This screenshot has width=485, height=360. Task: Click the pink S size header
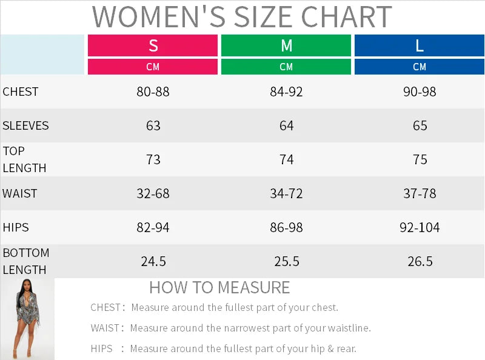pyautogui.click(x=153, y=45)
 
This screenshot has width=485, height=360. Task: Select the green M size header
pyautogui.click(x=286, y=45)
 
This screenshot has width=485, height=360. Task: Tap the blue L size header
pyautogui.click(x=420, y=45)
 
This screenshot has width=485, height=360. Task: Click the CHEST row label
pyautogui.click(x=21, y=92)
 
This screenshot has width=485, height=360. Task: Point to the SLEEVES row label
pyautogui.click(x=25, y=126)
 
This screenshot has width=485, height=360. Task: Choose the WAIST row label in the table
pyautogui.click(x=20, y=194)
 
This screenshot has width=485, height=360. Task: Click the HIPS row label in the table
pyautogui.click(x=16, y=228)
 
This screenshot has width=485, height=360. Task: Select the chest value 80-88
pyautogui.click(x=153, y=92)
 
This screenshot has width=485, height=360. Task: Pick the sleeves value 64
pyautogui.click(x=286, y=126)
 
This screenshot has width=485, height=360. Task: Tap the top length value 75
pyautogui.click(x=420, y=160)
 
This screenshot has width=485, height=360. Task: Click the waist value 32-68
pyautogui.click(x=153, y=194)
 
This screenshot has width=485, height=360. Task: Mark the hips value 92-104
pyautogui.click(x=420, y=228)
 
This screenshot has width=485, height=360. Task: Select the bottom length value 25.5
pyautogui.click(x=286, y=262)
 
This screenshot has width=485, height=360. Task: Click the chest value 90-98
pyautogui.click(x=420, y=92)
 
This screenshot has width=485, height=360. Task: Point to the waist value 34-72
pyautogui.click(x=286, y=194)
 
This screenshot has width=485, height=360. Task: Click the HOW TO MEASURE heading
pyautogui.click(x=219, y=287)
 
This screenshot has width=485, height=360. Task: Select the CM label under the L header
pyautogui.click(x=420, y=67)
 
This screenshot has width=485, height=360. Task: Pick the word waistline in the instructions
pyautogui.click(x=349, y=328)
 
